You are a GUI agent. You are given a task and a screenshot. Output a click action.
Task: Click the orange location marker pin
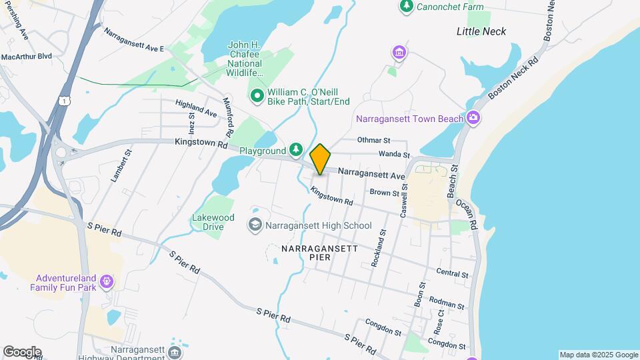tap(320, 160)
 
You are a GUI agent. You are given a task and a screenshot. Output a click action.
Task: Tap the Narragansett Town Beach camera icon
tap(473, 118)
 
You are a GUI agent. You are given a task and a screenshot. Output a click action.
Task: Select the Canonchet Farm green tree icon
tap(406, 6)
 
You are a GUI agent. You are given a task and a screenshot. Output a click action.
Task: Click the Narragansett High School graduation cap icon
tap(255, 225)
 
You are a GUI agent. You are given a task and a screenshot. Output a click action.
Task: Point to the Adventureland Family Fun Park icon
tap(106, 283)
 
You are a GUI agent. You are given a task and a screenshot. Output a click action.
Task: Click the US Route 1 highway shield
tap(63, 99)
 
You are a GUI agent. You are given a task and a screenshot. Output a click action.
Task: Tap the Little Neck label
tap(481, 31)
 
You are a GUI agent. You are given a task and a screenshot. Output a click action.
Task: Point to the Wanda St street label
tap(394, 154)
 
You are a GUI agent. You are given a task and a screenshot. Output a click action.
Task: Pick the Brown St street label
tap(384, 193)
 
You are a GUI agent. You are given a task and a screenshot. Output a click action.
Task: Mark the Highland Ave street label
tap(196, 109)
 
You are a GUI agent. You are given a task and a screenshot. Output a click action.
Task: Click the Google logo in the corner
tap(22, 351)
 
